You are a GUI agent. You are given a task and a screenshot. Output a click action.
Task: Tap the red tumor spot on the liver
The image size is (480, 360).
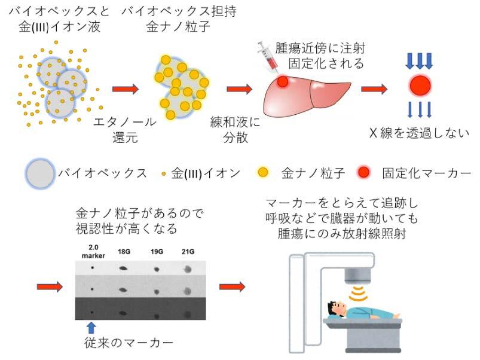coord(283,81)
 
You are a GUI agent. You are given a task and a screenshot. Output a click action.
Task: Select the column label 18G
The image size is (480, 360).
coord(124,252)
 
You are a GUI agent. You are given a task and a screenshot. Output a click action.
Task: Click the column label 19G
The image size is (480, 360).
coord(157,252)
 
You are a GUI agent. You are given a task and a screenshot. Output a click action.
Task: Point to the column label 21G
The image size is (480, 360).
coord(188,252)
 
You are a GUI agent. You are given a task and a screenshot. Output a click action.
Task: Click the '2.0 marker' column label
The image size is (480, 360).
coord(93,251)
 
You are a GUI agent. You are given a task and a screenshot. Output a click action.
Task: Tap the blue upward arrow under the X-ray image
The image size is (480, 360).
coord(91,327)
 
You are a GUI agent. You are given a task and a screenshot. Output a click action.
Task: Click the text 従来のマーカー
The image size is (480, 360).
coord(129,343)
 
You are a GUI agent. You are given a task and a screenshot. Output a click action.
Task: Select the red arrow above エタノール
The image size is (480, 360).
coord(126,89)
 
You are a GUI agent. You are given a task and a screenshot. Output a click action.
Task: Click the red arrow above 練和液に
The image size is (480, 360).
coord(239,89)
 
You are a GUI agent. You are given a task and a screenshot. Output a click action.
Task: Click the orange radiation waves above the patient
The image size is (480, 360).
coord(358,294)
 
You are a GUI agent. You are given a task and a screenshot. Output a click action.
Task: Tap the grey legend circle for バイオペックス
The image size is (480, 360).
coord(40,173)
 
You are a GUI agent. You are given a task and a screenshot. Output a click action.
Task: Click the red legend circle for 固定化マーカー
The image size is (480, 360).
coord(363,172)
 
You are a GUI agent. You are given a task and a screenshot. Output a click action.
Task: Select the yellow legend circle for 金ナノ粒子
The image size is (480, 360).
coord(262,172)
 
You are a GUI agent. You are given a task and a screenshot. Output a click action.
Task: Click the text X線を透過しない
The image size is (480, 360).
coord(419,133)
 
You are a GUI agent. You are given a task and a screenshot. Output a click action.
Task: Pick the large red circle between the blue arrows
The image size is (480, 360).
coord(420,86)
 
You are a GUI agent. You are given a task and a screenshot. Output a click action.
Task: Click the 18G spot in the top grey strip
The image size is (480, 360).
coord(123,269)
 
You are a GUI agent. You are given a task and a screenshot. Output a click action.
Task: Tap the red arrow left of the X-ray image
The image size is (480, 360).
coord(50,287)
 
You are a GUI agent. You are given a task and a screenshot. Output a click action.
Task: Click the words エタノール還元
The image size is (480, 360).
coord(125,130)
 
